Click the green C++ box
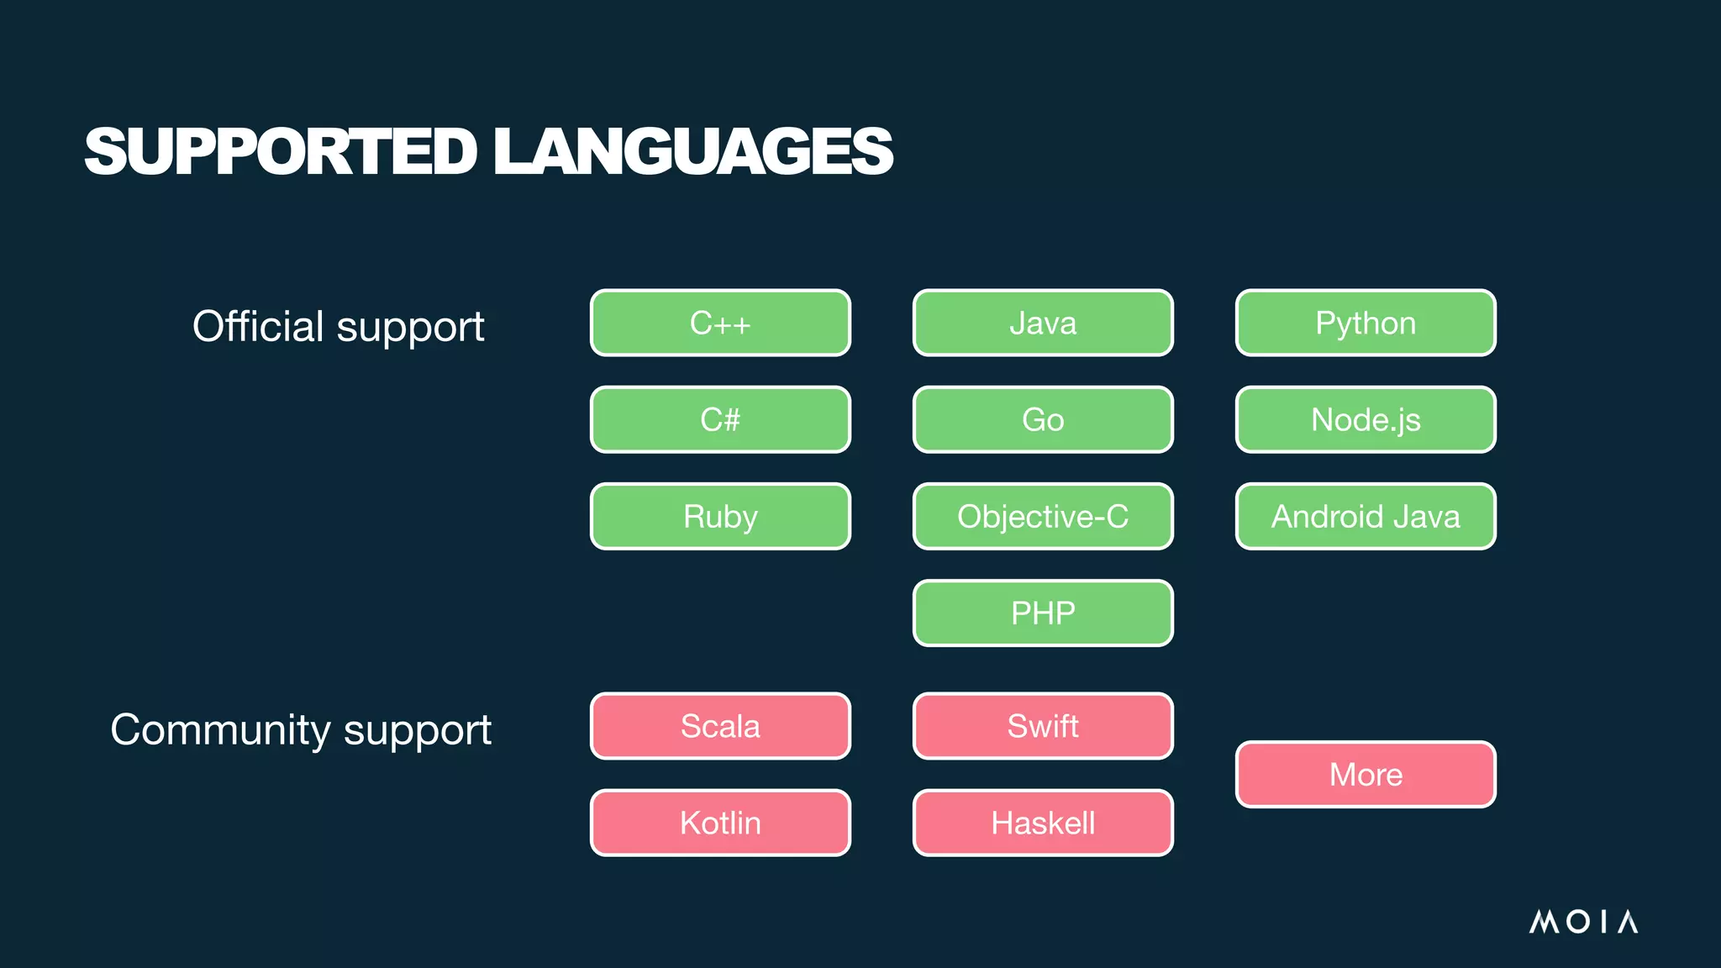720,323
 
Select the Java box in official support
1043,323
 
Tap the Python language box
1366,323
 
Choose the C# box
720,419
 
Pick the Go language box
1043,419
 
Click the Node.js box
1366,419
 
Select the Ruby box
720,516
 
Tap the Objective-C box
1043,516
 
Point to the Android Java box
1366,516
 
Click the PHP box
1043,613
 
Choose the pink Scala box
720,726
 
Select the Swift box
1043,726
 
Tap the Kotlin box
720,823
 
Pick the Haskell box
1043,823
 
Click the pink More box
1366,774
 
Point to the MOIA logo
1583,922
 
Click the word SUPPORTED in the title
281,151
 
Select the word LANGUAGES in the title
693,151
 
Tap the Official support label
338,326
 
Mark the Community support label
301,729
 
